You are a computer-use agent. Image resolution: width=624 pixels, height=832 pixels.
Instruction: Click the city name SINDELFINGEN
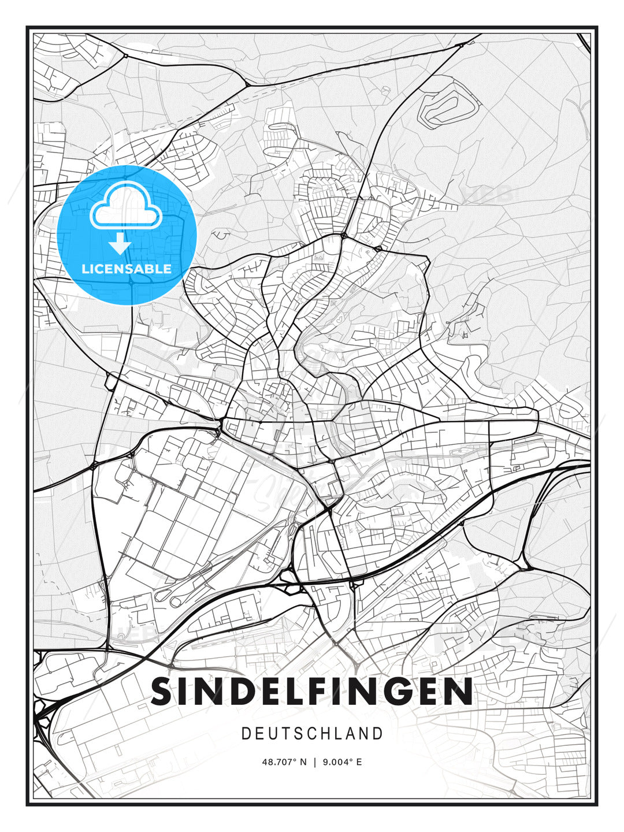point(312,692)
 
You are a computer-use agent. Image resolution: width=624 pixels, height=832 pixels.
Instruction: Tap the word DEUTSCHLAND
point(312,734)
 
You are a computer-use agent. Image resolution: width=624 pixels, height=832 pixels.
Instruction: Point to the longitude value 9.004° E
point(343,762)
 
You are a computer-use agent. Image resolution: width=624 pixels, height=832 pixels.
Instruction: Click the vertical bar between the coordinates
point(315,762)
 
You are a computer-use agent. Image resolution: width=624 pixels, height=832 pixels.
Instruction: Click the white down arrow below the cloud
point(120,244)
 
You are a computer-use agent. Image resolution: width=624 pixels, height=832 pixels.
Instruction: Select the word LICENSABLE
point(127,269)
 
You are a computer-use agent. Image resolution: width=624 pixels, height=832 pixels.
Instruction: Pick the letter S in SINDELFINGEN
point(163,692)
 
